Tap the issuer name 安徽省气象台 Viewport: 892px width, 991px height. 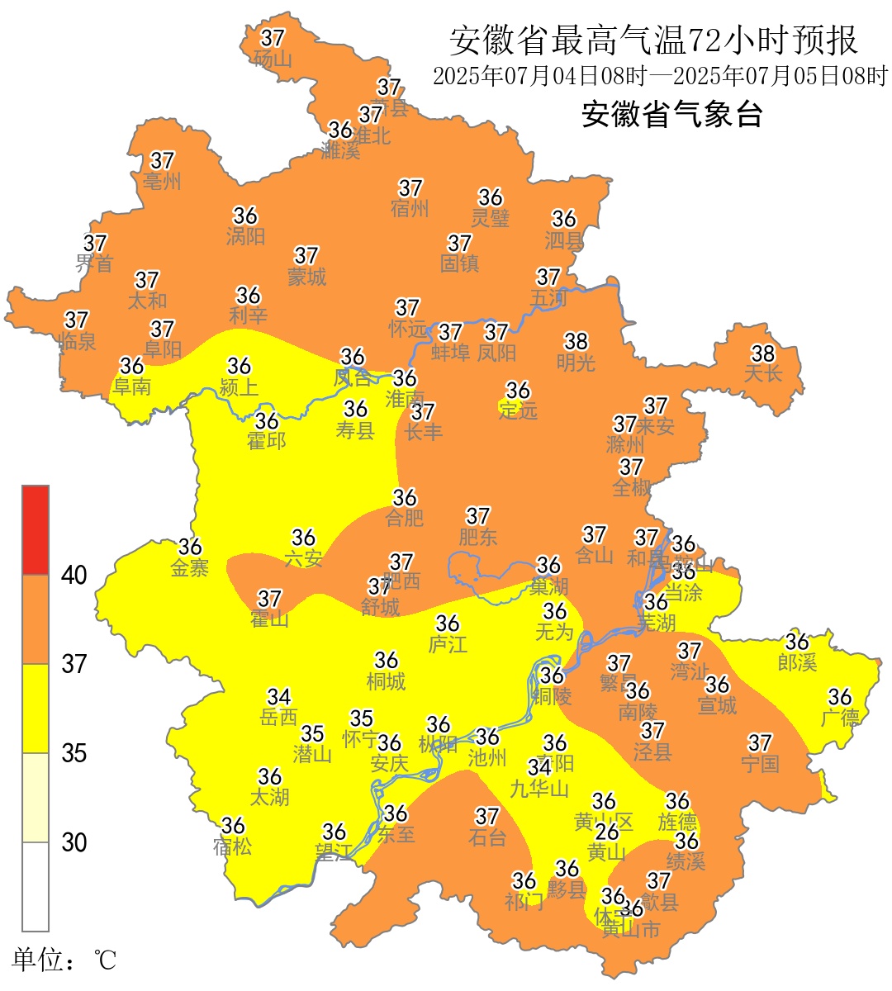point(671,114)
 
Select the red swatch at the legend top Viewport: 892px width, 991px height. point(36,529)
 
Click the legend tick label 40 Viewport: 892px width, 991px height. point(74,575)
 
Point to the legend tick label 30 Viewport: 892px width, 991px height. point(74,842)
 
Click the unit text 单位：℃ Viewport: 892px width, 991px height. point(64,960)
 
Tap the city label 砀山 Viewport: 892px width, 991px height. point(273,59)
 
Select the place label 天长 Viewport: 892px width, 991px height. point(762,374)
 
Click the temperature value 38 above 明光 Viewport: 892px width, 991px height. point(576,340)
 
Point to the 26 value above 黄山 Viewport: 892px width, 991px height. point(607,832)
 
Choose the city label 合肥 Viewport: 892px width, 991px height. point(405,518)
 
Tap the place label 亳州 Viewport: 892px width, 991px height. point(162,181)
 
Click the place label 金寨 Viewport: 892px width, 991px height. point(190,568)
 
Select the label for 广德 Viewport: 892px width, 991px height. point(840,718)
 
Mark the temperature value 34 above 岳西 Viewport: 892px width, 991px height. point(279,697)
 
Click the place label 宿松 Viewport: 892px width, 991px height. point(232,846)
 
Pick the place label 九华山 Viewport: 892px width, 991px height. point(539,789)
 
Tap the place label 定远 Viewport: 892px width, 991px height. point(518,410)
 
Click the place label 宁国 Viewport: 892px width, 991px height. point(760,764)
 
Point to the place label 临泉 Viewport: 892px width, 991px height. point(77,341)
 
